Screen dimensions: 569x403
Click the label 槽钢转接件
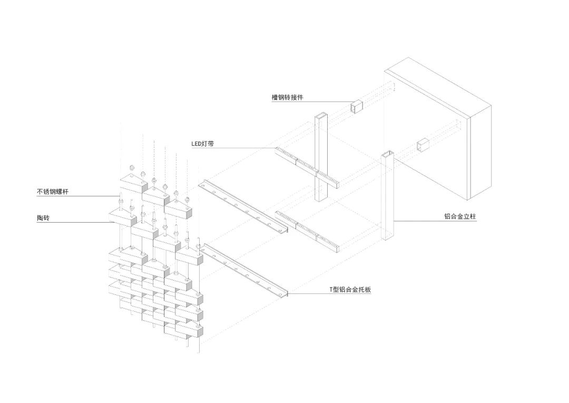[288, 98]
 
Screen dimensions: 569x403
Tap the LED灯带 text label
[202, 144]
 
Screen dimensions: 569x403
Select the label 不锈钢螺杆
[52, 191]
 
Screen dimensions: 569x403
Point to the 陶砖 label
[43, 218]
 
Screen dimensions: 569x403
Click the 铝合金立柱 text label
[460, 217]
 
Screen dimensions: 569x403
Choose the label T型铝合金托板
[350, 290]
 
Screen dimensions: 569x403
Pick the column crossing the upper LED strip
[321, 158]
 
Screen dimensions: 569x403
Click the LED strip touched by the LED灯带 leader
[306, 167]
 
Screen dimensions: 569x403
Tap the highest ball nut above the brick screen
[132, 168]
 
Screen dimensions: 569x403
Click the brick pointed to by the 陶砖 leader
[122, 217]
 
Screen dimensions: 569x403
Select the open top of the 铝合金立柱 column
[387, 153]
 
